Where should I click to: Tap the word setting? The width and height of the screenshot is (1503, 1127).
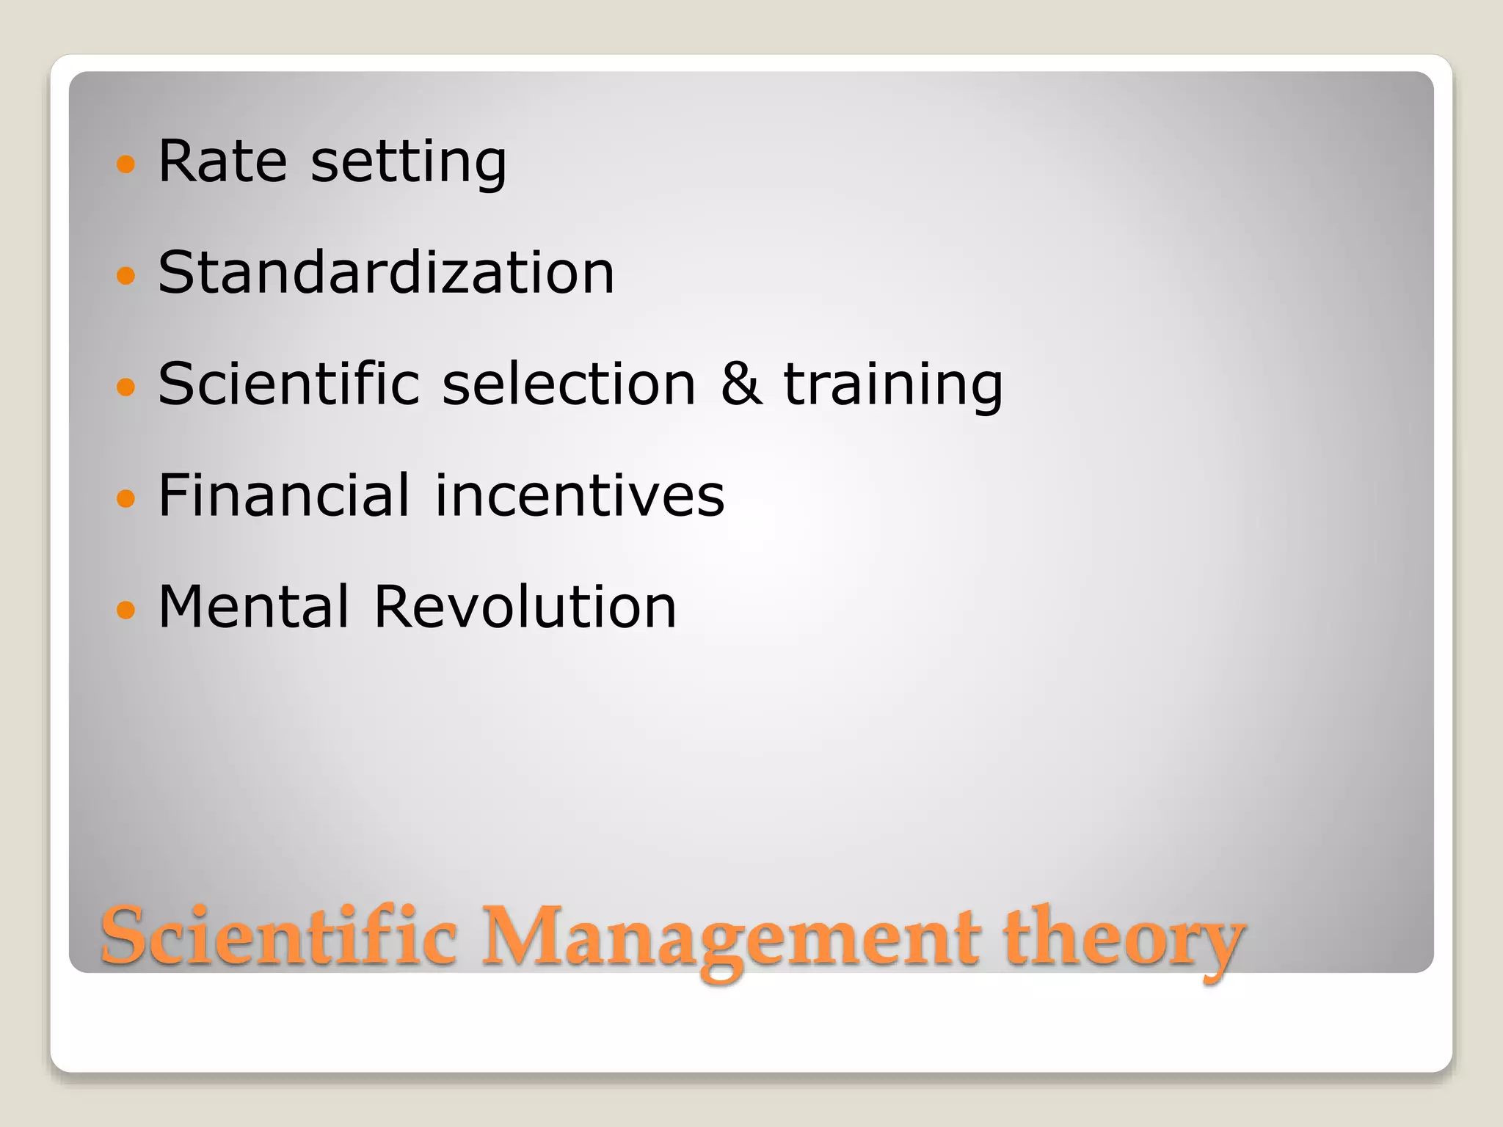click(x=409, y=163)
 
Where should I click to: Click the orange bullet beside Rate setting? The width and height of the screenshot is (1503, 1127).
click(x=126, y=164)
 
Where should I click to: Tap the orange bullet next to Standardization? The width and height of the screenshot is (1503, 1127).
click(x=126, y=275)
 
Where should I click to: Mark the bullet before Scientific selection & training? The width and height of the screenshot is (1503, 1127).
click(x=126, y=387)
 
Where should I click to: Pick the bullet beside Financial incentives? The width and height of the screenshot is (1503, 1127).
click(x=126, y=498)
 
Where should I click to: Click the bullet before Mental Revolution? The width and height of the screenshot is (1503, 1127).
click(x=126, y=610)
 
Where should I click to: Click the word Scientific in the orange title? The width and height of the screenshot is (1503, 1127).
click(x=279, y=937)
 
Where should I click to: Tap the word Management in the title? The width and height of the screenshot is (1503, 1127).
click(x=729, y=939)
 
